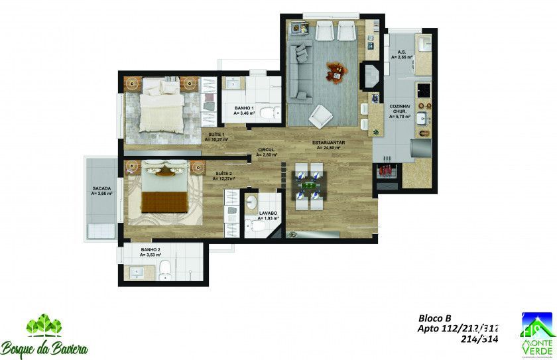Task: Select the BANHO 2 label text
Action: [x=150, y=251]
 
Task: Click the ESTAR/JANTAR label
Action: [x=327, y=145]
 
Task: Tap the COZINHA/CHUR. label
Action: [x=401, y=109]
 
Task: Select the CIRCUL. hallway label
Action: [x=267, y=152]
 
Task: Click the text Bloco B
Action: [x=434, y=318]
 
